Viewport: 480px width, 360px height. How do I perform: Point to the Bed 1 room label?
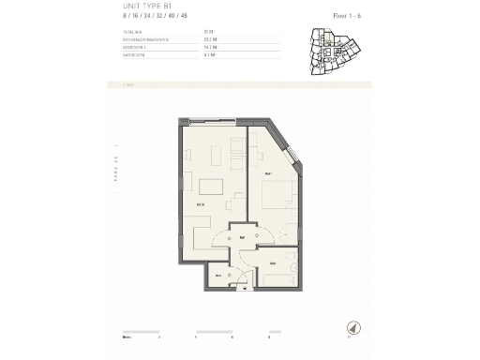(268, 174)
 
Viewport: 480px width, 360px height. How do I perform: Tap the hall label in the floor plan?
(242, 237)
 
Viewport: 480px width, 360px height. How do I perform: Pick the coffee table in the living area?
(212, 185)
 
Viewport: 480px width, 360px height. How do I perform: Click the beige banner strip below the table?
(240, 85)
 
